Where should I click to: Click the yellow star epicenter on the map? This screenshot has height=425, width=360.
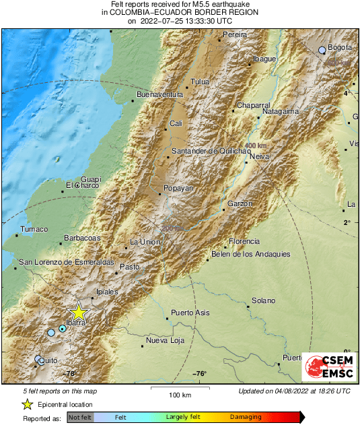coord(79,312)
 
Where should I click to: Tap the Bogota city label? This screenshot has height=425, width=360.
coord(341,47)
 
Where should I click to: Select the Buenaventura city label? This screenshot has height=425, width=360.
coord(159,95)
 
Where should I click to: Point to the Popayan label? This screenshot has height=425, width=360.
coord(178,189)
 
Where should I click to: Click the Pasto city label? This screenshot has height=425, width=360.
coord(129,267)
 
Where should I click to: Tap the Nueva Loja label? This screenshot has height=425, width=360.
coord(165,341)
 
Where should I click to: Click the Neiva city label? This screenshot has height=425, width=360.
coord(259,156)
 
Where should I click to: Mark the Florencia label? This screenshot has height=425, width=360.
coord(244,241)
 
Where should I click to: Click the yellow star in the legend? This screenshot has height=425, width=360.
coord(27,404)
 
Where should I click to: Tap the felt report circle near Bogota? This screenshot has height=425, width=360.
coord(322,49)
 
